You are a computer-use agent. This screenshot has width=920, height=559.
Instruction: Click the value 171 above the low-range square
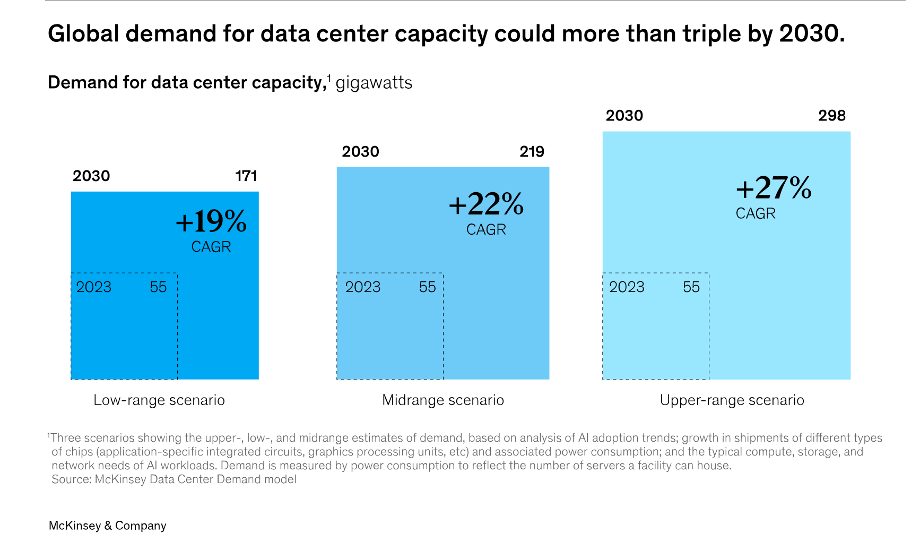[246, 176]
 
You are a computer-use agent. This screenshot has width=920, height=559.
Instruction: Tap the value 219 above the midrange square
[532, 151]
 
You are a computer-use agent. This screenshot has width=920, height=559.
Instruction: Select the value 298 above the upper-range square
[831, 115]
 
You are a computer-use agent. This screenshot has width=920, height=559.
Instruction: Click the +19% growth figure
[211, 221]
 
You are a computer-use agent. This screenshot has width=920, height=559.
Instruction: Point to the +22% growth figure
[486, 204]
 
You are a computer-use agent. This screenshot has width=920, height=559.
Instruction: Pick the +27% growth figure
[774, 187]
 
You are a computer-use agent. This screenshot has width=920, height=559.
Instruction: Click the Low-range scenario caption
[159, 400]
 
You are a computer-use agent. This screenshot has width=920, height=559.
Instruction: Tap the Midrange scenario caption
[443, 400]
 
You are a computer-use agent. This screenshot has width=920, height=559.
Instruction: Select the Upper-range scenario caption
[732, 400]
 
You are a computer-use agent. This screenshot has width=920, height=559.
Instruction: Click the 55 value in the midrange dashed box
[427, 287]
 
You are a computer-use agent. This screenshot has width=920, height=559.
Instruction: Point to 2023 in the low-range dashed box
[94, 287]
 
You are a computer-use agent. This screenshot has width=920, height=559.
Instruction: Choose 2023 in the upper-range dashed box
[627, 287]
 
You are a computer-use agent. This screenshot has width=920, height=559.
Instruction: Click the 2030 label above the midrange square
[361, 151]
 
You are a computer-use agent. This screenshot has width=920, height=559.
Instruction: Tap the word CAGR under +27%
[756, 213]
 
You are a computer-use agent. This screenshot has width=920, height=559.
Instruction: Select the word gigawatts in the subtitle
[374, 83]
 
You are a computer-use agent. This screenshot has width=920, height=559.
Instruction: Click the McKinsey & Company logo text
[107, 526]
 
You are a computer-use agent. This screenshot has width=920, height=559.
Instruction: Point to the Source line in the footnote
[174, 479]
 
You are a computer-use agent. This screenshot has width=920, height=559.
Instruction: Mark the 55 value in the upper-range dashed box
[691, 287]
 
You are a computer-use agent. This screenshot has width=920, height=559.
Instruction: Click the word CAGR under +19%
[211, 247]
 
